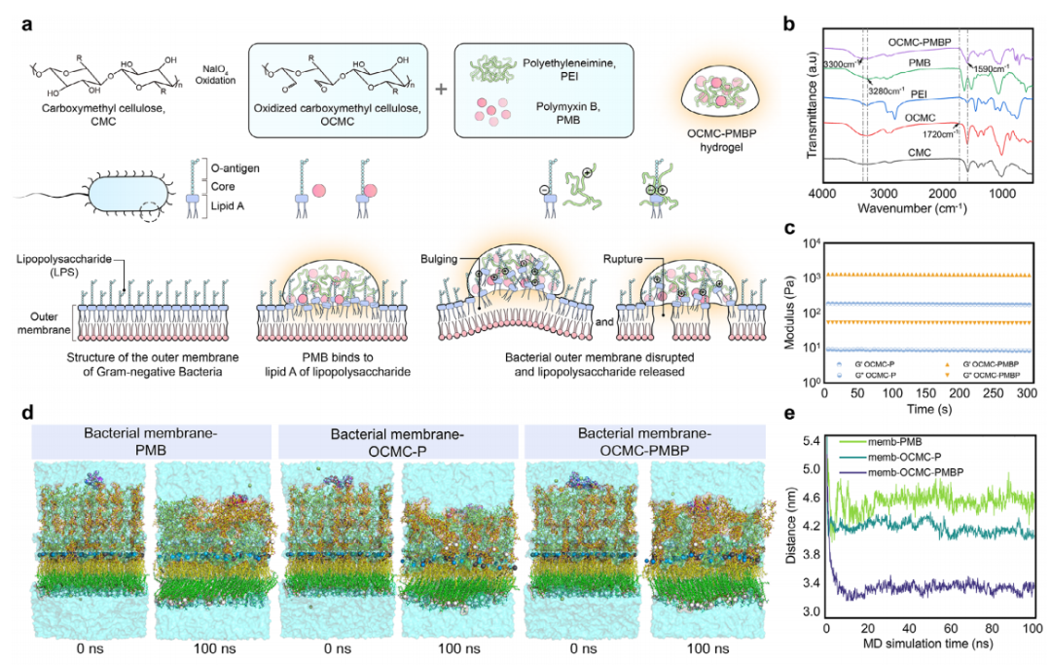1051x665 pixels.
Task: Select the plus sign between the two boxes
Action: pyautogui.click(x=441, y=89)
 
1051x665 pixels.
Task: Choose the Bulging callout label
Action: pyautogui.click(x=438, y=262)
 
